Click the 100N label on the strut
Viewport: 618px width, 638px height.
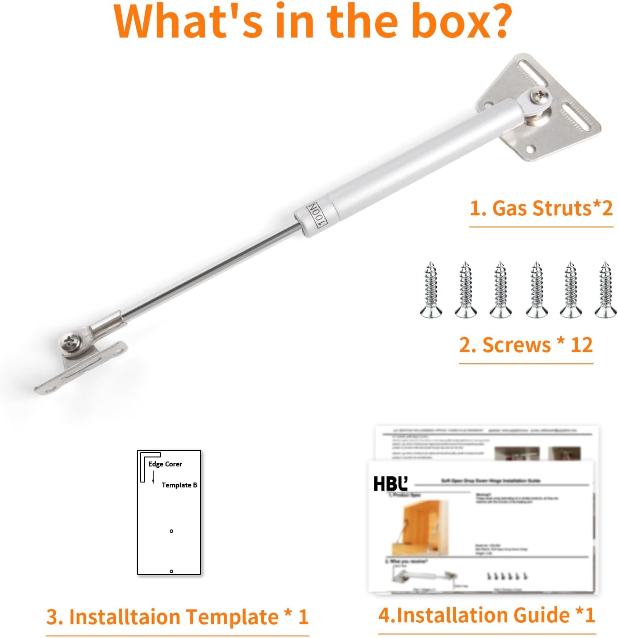coord(316,215)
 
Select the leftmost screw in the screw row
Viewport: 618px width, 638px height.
coord(431,290)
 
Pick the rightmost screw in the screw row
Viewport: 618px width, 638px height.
coord(605,290)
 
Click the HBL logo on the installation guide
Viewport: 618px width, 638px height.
coord(390,484)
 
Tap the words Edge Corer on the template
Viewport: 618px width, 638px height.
coord(165,464)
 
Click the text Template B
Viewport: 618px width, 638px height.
coord(179,485)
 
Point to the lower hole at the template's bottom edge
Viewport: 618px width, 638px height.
coord(171,571)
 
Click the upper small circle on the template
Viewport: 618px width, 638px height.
coord(171,531)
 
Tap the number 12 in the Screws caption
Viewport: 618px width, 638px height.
coord(581,345)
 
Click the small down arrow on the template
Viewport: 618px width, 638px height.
coord(153,479)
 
